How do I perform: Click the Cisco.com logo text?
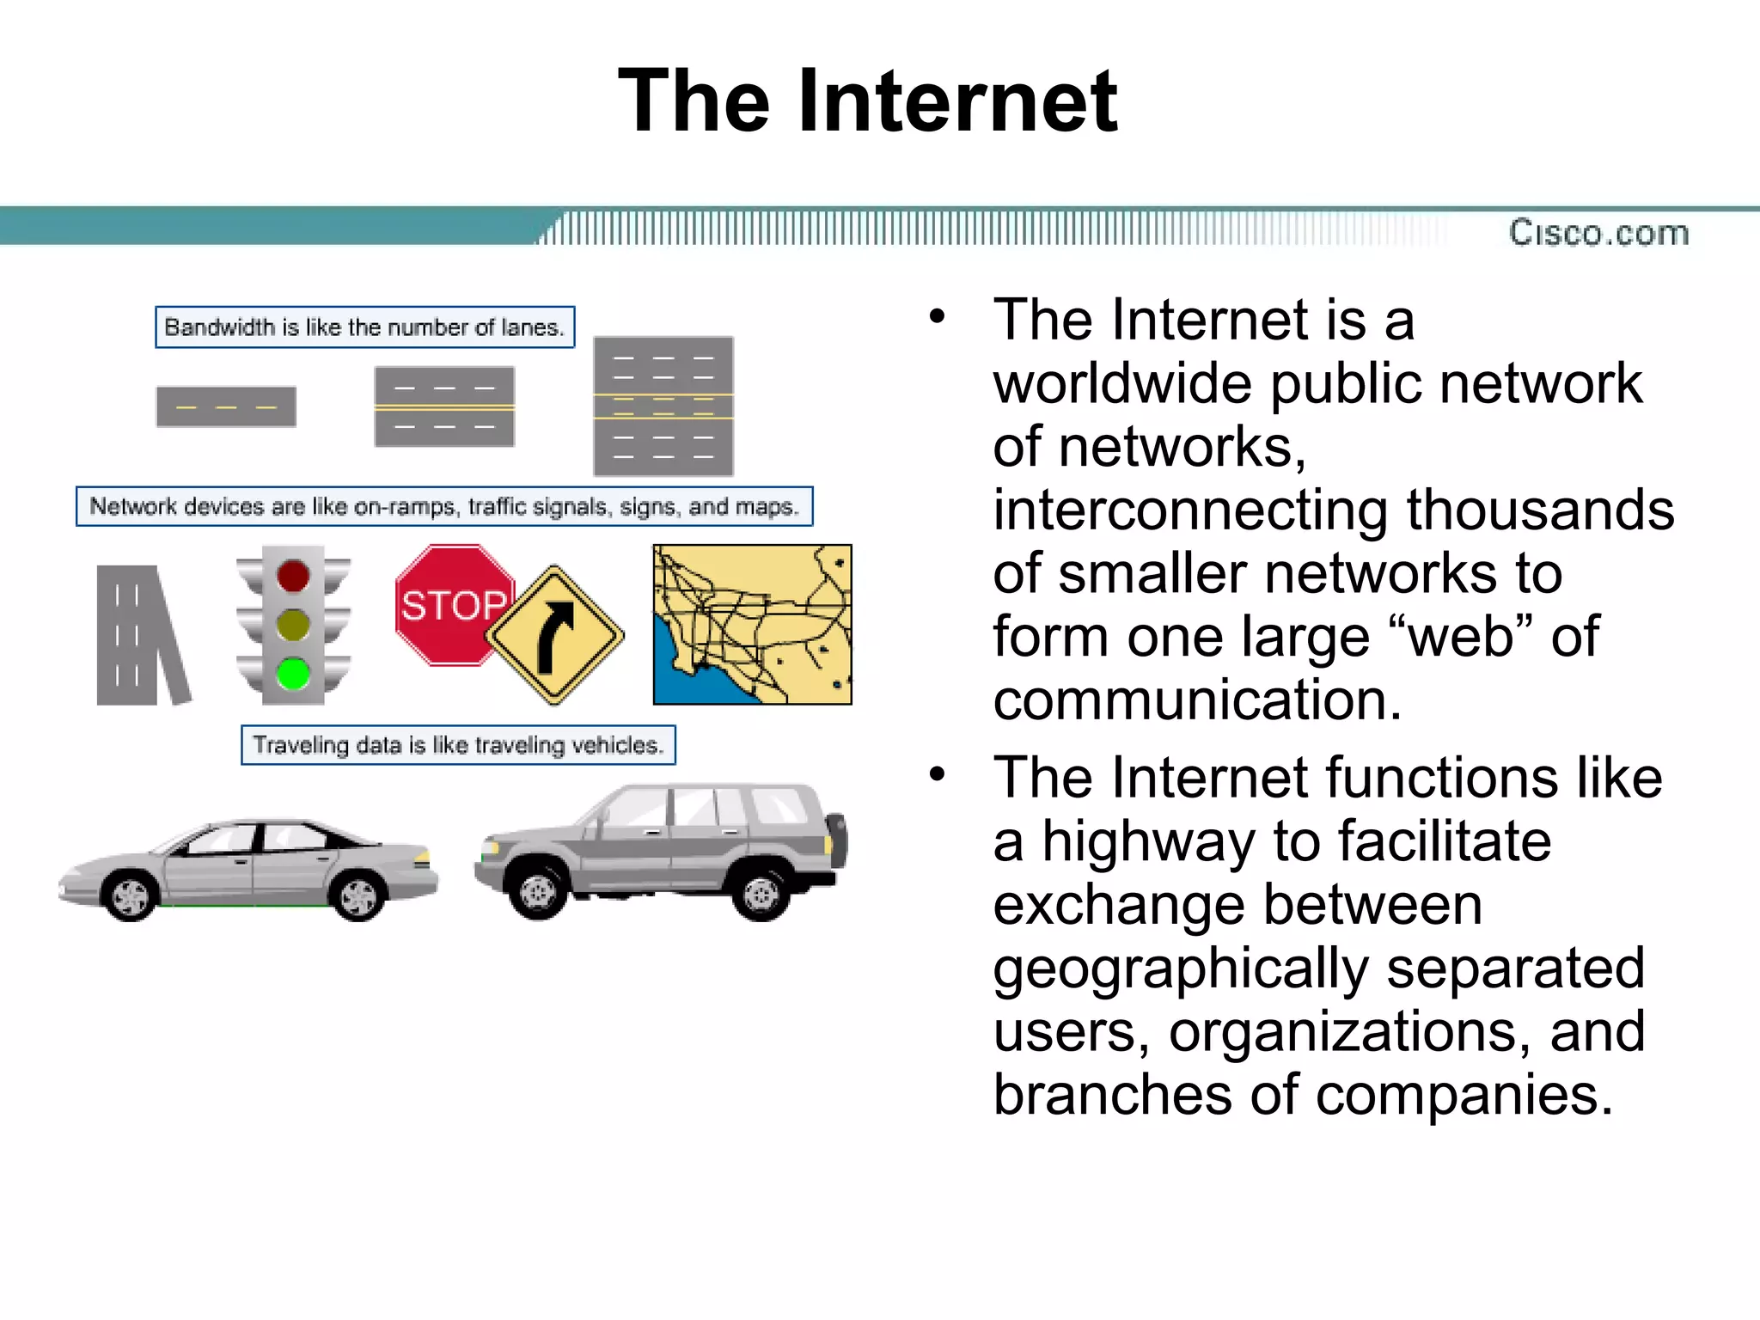tap(1598, 233)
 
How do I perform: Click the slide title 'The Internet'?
tap(867, 101)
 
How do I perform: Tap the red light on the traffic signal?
tap(293, 576)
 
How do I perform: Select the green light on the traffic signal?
tap(293, 673)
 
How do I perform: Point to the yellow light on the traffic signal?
tap(293, 625)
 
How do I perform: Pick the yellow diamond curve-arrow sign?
tap(555, 635)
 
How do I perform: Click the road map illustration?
tap(752, 625)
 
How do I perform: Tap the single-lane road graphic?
tap(226, 406)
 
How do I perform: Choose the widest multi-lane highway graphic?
tap(663, 406)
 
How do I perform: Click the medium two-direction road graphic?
tap(444, 406)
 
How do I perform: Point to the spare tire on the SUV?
tap(837, 840)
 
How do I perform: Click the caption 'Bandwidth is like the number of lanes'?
tap(364, 327)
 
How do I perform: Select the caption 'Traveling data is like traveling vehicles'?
tap(458, 745)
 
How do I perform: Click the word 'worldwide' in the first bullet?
tap(1121, 383)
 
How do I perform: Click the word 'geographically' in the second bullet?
tap(1180, 969)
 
